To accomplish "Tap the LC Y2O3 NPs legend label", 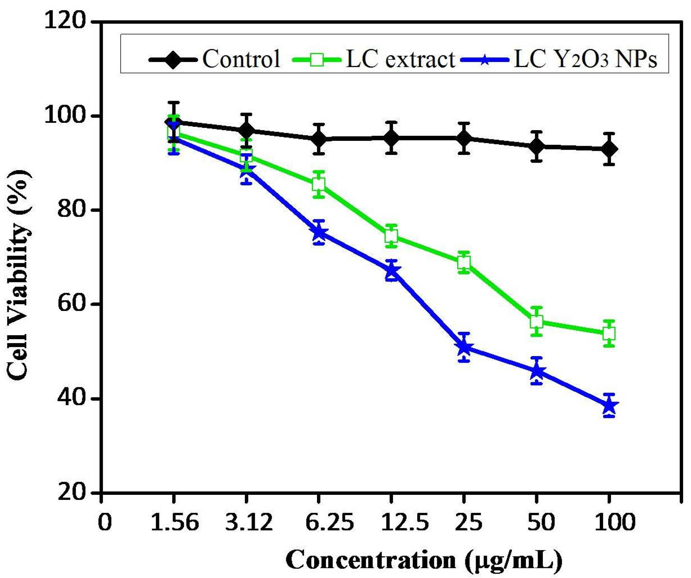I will pos(585,59).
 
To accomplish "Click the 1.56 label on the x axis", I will pos(175,523).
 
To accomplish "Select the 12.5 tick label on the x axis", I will pos(405,523).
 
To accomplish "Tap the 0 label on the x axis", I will pos(105,523).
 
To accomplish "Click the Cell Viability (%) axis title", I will pos(20,275).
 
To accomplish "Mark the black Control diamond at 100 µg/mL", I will pos(609,149).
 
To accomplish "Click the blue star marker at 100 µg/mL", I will pos(609,406).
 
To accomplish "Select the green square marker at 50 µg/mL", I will pos(536,321).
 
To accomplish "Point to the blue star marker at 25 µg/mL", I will pos(464,347).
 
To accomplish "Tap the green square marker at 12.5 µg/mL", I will pos(391,236).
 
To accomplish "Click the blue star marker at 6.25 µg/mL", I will pos(318,233).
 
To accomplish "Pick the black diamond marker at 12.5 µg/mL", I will pos(391,137).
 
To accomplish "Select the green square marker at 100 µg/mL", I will pos(609,334).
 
